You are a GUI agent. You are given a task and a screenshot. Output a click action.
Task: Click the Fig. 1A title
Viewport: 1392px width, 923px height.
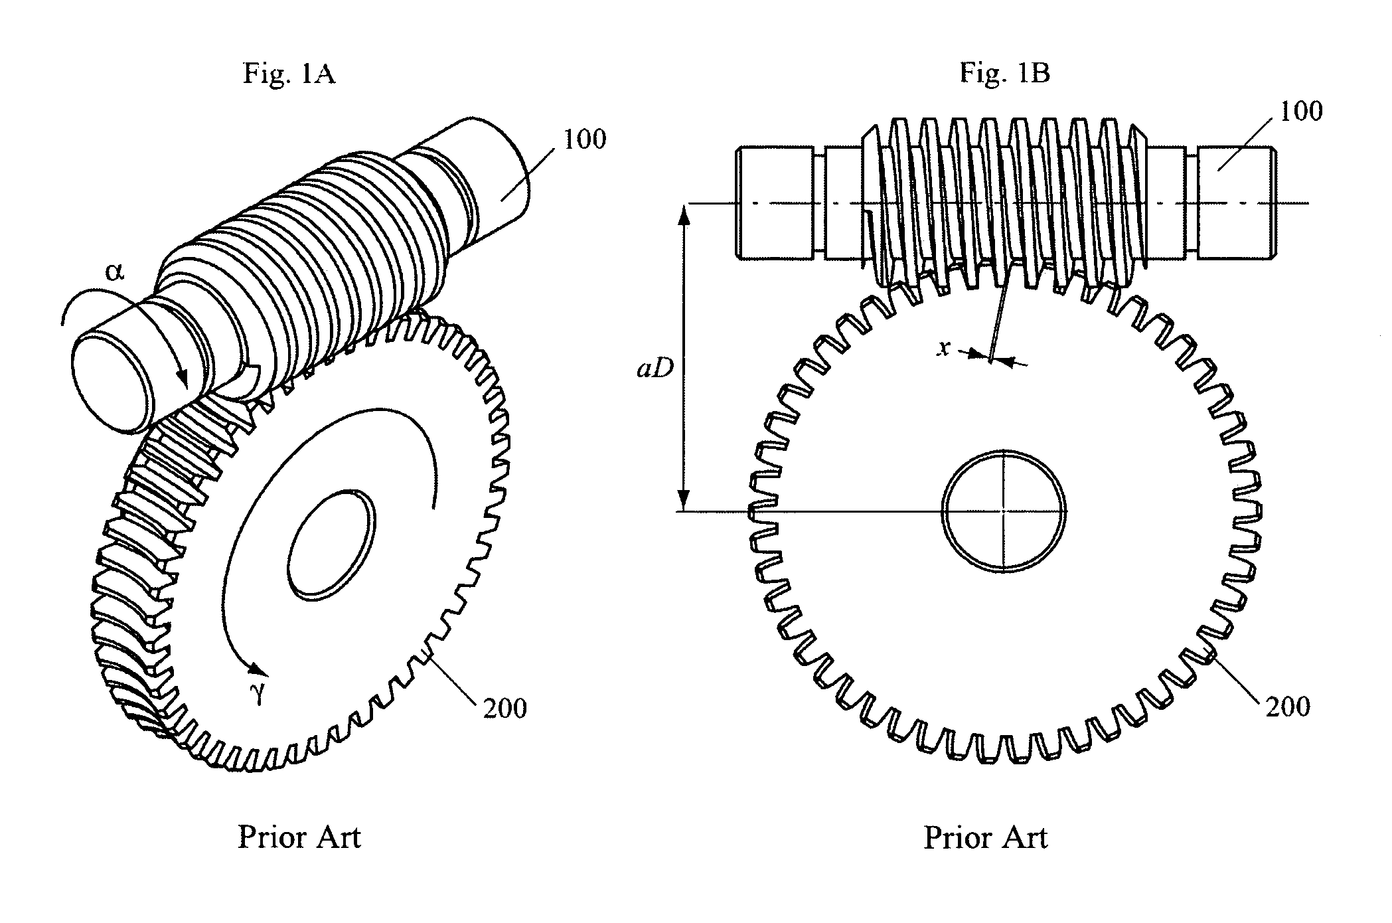pos(289,73)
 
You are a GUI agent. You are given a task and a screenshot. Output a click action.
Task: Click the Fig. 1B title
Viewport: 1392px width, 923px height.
pos(1004,72)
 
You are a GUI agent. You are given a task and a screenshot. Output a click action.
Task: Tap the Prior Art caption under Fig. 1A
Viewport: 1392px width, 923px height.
pos(299,837)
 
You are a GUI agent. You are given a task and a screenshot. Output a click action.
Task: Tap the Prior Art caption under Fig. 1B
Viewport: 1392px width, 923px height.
pos(985,837)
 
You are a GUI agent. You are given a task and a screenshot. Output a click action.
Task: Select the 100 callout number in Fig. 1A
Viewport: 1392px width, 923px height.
pos(584,139)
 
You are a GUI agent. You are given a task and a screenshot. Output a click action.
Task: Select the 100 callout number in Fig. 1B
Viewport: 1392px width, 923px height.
pos(1301,111)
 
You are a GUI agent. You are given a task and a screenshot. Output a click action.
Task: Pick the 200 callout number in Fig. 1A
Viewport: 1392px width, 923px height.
pos(505,709)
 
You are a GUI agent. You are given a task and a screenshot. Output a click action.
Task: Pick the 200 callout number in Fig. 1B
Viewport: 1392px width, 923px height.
pos(1288,707)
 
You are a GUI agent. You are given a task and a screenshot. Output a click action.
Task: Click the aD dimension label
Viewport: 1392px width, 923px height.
pos(655,369)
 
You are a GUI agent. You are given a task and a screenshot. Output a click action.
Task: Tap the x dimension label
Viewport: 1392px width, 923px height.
pos(943,348)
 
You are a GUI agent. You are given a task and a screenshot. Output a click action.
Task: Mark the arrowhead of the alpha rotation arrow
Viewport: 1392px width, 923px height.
pos(183,378)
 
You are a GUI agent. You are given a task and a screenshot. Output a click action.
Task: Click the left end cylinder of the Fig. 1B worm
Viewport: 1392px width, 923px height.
pos(774,203)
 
